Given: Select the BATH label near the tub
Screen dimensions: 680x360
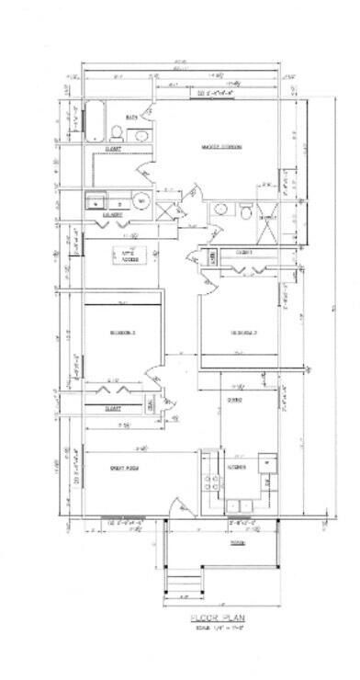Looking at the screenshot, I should tap(131, 117).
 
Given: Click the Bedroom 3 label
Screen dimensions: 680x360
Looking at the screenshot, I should tap(122, 332).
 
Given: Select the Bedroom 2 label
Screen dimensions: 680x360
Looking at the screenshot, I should tap(242, 333).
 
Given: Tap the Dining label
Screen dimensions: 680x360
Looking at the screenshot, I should tap(234, 401).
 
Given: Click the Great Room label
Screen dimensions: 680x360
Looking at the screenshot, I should tap(123, 469).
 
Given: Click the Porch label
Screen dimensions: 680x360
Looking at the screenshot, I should tap(212, 542).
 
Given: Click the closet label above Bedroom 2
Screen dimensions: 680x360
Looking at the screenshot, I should tap(244, 251).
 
